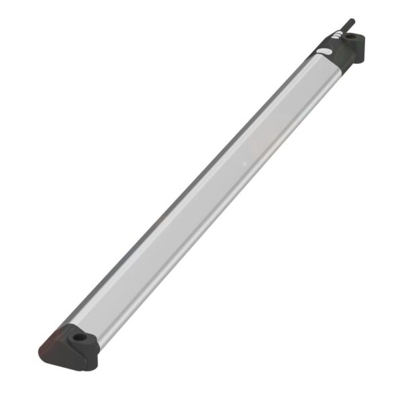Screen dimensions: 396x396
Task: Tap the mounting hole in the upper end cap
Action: point(349,37)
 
